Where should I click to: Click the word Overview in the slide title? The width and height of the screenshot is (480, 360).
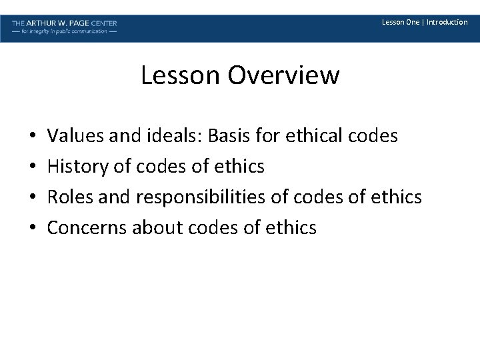283,75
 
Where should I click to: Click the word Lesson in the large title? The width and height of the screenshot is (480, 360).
181,75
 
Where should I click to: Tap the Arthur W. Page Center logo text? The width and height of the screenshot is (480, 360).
64,23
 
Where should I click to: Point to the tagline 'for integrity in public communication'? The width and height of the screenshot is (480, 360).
64,31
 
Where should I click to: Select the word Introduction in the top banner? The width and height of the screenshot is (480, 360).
447,22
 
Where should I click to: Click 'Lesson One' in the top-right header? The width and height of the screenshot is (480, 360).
400,22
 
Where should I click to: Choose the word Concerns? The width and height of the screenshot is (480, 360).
87,228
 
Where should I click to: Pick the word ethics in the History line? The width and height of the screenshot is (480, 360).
237,167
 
